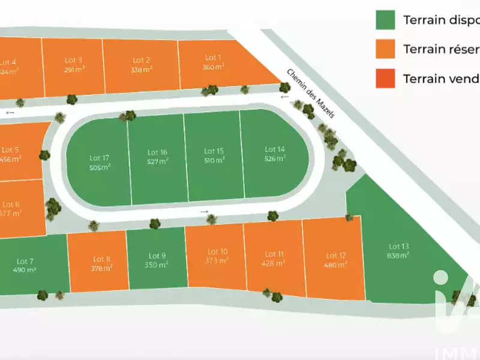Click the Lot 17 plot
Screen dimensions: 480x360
[x=99, y=162]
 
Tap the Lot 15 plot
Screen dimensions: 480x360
[x=214, y=155]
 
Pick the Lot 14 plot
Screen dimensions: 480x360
[x=275, y=154]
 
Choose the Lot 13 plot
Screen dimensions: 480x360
[x=398, y=251]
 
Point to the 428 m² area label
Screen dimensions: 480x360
[x=272, y=263]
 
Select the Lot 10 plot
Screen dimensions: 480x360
[x=217, y=256]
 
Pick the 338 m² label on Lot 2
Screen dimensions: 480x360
[x=142, y=69]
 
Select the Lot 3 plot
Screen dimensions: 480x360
[x=73, y=64]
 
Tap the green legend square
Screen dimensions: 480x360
[x=385, y=20]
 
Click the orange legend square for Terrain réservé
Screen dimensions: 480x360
[x=385, y=49]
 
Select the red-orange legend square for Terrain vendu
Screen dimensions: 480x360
[x=385, y=79]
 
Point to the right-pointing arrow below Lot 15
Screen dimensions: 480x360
[x=205, y=212]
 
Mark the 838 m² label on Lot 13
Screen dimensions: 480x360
[x=398, y=255]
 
